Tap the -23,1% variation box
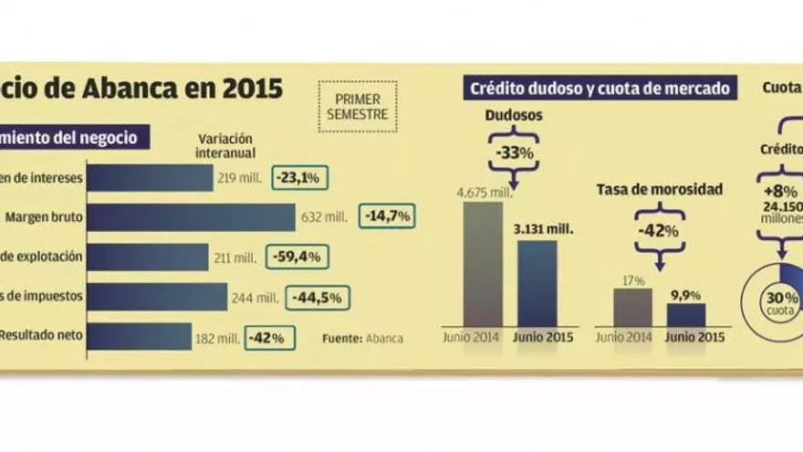coord(300,179)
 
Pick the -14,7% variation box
coord(387,216)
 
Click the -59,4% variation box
coord(296,258)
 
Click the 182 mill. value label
coord(217,337)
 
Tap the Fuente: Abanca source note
coord(362,338)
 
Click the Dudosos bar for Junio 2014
coord(483,265)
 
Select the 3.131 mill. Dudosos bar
coord(537,283)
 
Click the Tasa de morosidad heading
coord(660,189)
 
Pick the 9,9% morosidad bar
coord(685,314)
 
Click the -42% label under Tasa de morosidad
coord(659,231)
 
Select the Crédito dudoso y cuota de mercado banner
coord(599,89)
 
